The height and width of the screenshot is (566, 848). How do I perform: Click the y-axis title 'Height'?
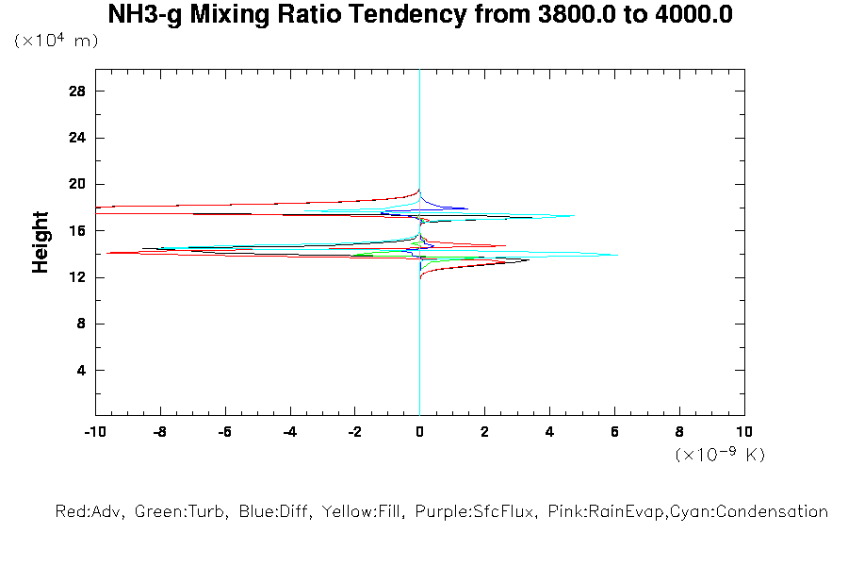(x=41, y=242)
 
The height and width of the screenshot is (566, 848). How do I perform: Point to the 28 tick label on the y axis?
(x=77, y=91)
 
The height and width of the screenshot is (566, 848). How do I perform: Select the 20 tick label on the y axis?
(x=77, y=184)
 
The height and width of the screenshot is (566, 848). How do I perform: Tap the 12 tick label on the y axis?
(x=77, y=277)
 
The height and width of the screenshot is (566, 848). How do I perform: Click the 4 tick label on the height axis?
(x=81, y=370)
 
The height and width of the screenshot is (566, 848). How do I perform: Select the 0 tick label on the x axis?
(x=419, y=432)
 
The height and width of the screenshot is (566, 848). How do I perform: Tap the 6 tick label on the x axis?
(x=614, y=432)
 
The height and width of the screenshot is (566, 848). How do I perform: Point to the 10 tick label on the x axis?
(x=744, y=432)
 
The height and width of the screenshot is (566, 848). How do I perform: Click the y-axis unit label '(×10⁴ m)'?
(x=57, y=42)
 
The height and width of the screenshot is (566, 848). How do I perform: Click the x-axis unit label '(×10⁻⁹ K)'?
(x=720, y=455)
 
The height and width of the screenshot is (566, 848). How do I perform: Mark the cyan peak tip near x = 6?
(x=616, y=255)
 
